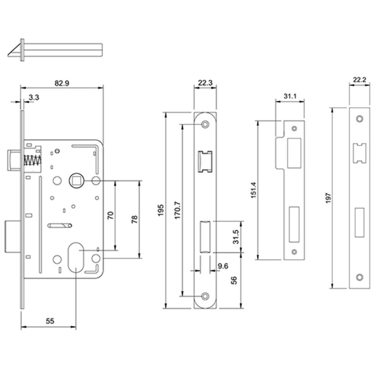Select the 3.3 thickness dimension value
34,98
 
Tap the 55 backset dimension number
50,321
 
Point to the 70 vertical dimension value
110,215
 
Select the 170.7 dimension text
177,210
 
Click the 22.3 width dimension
205,83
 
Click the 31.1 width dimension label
291,96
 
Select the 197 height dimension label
327,197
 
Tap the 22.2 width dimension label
360,80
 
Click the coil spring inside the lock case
31,161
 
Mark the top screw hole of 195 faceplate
205,124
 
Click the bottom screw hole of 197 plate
360,277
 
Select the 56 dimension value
234,281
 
